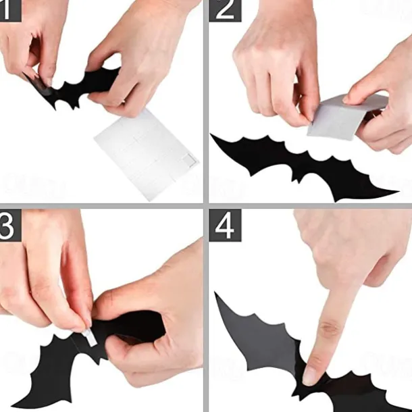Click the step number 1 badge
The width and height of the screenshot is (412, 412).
10,10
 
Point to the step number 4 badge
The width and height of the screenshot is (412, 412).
224,226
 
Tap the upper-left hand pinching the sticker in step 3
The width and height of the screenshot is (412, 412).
47,270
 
